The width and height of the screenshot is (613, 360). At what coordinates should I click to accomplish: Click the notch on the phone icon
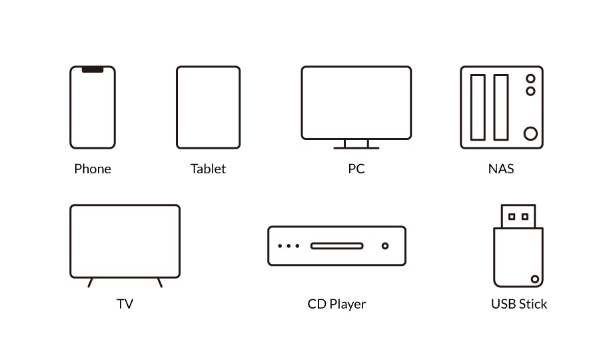tap(93, 69)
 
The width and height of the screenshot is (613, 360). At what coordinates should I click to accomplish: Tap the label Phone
tap(93, 169)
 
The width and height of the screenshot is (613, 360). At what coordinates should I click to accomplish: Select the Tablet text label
tap(208, 169)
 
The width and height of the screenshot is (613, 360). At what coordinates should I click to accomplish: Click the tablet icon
tap(209, 107)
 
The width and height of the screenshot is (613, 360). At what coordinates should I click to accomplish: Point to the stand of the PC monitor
tap(356, 144)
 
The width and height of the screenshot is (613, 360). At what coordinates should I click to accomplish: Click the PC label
tap(356, 169)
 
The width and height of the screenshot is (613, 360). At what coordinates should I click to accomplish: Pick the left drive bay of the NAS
tap(478, 107)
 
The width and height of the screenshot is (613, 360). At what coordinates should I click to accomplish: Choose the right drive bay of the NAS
tap(501, 107)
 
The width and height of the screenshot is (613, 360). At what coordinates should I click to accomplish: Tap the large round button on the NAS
tap(530, 133)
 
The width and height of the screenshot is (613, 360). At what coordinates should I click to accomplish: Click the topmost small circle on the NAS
tap(530, 79)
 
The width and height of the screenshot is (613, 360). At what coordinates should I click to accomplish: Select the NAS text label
tap(501, 169)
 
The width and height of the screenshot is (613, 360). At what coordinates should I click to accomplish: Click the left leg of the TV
tap(91, 282)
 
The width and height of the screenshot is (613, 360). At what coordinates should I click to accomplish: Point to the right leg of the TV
tap(160, 282)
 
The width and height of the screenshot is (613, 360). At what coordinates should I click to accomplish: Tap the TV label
tap(125, 304)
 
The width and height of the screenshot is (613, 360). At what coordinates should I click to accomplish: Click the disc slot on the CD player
tap(337, 246)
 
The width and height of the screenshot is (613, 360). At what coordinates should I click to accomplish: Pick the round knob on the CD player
tap(385, 246)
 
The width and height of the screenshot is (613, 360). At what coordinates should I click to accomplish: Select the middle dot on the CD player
tap(289, 246)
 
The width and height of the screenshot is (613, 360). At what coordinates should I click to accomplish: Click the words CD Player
tap(336, 304)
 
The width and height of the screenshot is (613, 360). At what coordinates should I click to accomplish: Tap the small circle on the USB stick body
tap(535, 279)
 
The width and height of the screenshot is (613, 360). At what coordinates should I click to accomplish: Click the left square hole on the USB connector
tap(512, 217)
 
